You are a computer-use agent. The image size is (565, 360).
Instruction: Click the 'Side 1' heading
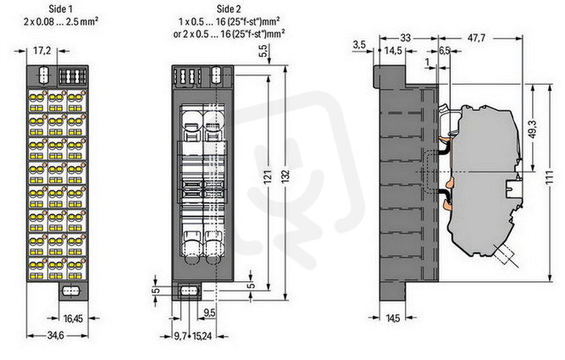click(x=60, y=8)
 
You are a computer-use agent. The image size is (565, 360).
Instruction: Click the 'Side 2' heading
click(x=229, y=8)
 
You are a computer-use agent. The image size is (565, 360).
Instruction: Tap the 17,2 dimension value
click(x=42, y=51)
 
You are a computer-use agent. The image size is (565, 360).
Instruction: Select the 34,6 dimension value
click(x=56, y=335)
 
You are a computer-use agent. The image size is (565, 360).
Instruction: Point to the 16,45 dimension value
click(x=73, y=318)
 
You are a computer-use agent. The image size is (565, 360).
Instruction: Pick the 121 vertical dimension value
click(x=267, y=177)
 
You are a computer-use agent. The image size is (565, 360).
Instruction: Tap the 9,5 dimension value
click(x=209, y=313)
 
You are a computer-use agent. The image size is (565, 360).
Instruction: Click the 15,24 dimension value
click(x=202, y=335)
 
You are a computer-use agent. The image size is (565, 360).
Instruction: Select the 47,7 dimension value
click(x=476, y=37)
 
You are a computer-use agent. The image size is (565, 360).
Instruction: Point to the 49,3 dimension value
click(x=534, y=129)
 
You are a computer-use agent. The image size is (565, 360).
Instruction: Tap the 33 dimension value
click(x=406, y=37)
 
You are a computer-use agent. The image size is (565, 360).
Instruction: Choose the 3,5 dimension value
click(x=359, y=45)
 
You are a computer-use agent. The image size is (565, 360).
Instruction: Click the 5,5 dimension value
click(x=263, y=51)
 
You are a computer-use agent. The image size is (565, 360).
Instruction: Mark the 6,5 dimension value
click(x=444, y=51)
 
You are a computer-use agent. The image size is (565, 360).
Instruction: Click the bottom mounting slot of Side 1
click(x=70, y=291)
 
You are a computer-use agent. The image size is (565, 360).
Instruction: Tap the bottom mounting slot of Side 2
click(x=188, y=291)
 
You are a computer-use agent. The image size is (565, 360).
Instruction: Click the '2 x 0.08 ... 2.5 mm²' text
click(x=61, y=22)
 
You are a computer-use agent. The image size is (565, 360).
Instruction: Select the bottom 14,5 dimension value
click(x=393, y=318)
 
